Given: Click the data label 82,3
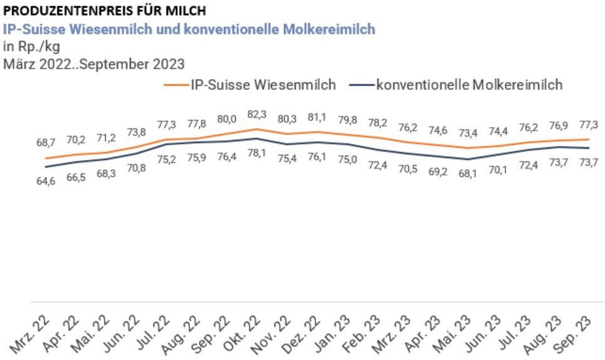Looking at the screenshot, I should click(x=256, y=115).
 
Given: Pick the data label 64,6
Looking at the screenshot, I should click(x=46, y=182).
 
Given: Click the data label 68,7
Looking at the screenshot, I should click(x=46, y=144).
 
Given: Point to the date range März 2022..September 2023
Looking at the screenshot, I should click(x=93, y=63).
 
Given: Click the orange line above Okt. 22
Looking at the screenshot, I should click(x=256, y=129).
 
